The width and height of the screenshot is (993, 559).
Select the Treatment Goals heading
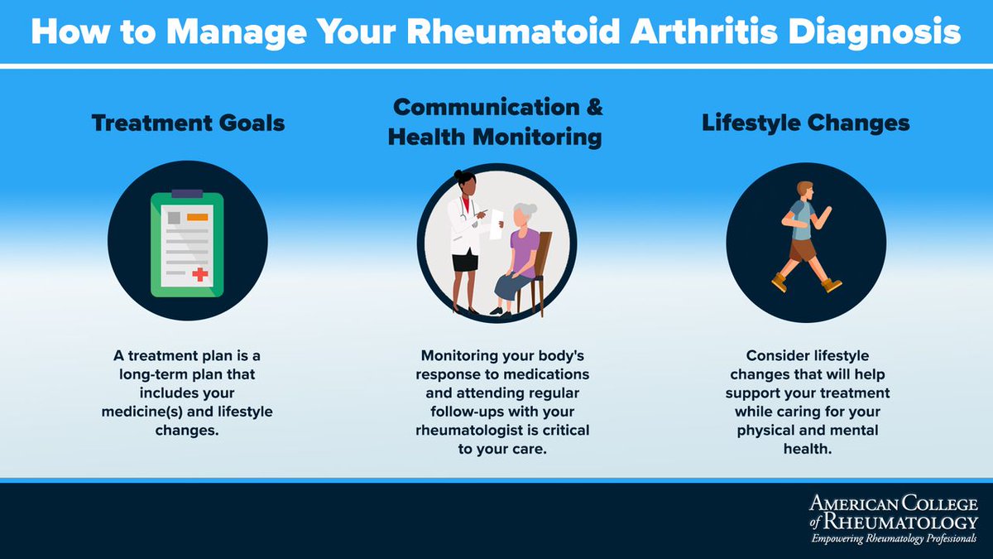(188, 123)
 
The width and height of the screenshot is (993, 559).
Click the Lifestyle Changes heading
(805, 123)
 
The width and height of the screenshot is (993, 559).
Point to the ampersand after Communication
(593, 107)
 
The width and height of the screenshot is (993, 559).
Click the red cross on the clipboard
(199, 275)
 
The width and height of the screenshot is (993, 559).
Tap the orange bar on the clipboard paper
(197, 217)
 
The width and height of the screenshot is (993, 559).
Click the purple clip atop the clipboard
(187, 194)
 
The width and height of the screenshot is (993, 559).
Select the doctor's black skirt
(465, 262)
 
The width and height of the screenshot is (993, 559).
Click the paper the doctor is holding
(496, 224)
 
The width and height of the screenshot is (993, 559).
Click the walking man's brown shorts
(802, 249)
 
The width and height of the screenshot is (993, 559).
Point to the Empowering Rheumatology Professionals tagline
(893, 538)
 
